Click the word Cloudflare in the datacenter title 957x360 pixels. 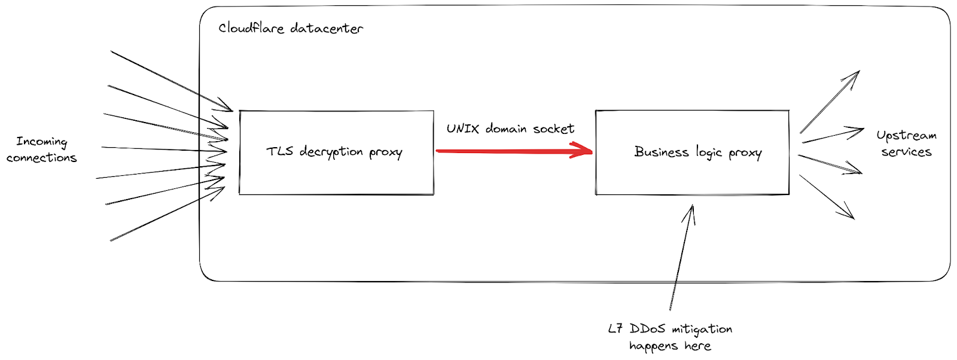coord(251,28)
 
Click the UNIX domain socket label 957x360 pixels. coord(510,129)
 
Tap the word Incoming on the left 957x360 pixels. coord(41,142)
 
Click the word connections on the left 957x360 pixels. coord(41,158)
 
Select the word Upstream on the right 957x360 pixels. coord(906,136)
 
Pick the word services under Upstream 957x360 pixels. coord(906,152)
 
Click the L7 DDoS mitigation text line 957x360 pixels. coord(670,329)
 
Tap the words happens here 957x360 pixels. coord(670,346)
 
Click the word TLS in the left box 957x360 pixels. coord(279,151)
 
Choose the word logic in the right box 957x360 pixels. coord(709,153)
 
